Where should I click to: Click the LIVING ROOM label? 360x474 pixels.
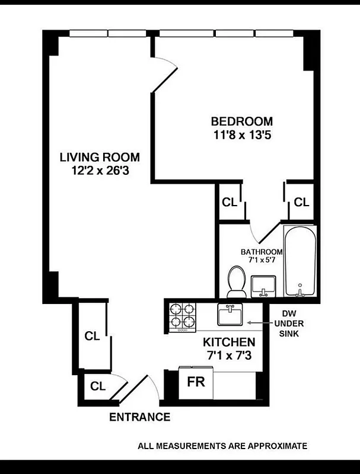(x=100, y=158)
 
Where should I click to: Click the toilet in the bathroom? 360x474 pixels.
(x=237, y=282)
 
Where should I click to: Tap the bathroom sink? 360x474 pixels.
(x=263, y=287)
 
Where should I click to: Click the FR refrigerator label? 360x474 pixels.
(x=196, y=381)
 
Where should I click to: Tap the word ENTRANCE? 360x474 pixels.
(x=139, y=417)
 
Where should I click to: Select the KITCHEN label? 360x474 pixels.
(x=229, y=342)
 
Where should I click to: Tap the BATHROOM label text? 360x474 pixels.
(x=261, y=252)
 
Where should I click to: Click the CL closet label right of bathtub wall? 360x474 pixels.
(x=301, y=202)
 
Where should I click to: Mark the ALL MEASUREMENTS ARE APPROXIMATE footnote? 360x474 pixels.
(x=222, y=446)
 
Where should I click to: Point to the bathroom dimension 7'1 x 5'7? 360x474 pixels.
(x=261, y=260)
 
